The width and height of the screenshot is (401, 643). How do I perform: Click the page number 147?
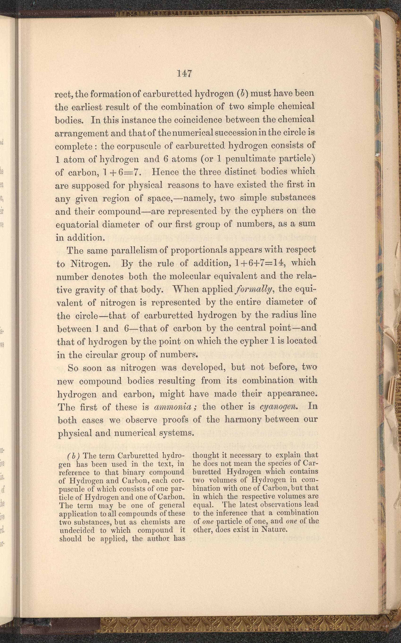(185, 73)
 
